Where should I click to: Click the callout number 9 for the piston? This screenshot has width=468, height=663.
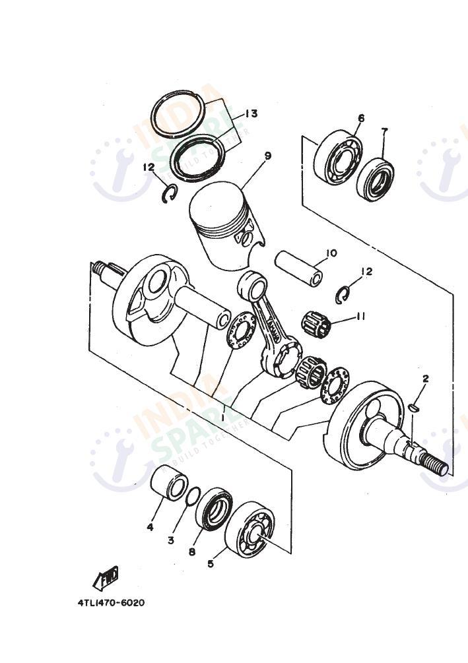pos(267,156)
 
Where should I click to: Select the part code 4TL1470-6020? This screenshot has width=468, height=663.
pos(110,602)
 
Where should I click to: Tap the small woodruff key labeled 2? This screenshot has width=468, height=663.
pos(413,408)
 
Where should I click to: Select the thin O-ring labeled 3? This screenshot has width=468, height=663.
pos(193,496)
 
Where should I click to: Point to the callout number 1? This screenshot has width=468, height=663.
pos(222,418)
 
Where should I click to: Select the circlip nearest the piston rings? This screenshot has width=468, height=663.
pos(170,194)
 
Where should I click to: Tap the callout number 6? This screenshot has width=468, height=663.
pos(360,119)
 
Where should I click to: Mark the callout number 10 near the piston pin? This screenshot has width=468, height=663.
pos(331,253)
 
